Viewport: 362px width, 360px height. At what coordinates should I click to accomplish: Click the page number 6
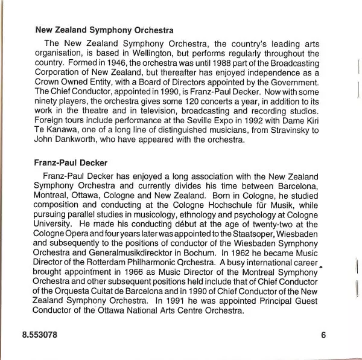[x=323, y=336]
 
